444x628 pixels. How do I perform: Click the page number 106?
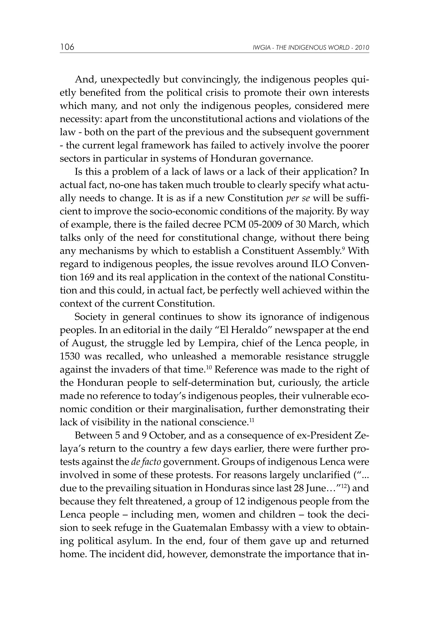click(67, 47)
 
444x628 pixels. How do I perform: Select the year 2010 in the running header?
click(362, 48)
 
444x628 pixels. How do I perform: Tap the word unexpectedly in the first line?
click(130, 80)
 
